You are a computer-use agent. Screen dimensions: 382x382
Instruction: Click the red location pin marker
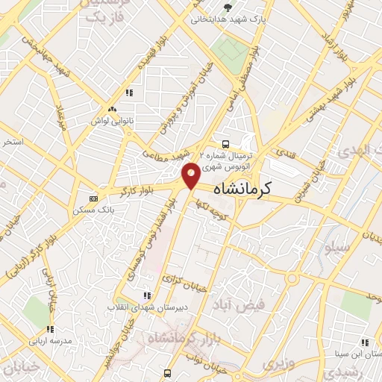(191, 175)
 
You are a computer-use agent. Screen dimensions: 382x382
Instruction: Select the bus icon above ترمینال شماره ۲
(224, 145)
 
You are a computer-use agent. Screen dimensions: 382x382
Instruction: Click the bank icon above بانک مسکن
(93, 198)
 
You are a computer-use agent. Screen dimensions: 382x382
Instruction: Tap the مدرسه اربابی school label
(50, 341)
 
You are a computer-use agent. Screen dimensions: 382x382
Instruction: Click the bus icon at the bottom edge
(167, 373)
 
